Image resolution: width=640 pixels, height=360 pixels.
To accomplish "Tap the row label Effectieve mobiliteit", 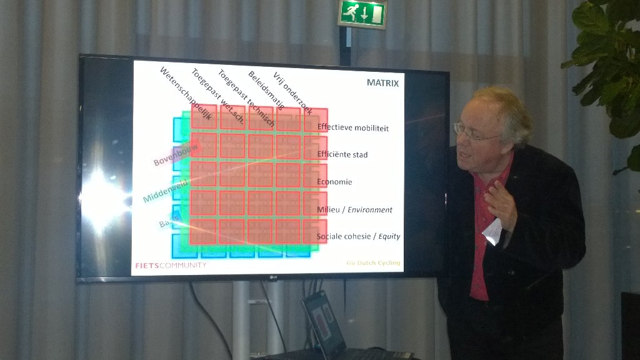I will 352,127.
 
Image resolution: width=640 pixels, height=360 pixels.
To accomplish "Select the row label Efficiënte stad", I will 342,154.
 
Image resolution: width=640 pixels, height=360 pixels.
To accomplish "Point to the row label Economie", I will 334,182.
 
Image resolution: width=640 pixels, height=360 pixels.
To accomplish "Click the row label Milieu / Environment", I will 354,210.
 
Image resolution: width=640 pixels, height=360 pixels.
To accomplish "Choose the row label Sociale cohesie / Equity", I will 358,236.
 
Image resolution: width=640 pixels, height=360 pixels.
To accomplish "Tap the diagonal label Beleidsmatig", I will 266,90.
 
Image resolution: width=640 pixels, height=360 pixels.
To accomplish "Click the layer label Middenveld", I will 166,190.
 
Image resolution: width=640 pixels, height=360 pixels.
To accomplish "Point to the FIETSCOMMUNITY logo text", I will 171,265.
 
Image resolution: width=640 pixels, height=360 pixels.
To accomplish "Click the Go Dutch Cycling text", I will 373,263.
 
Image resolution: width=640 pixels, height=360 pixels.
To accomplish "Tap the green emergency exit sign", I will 362,14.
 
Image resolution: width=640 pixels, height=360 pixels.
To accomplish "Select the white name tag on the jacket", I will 492,232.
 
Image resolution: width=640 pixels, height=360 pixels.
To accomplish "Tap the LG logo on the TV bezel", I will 272,278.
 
